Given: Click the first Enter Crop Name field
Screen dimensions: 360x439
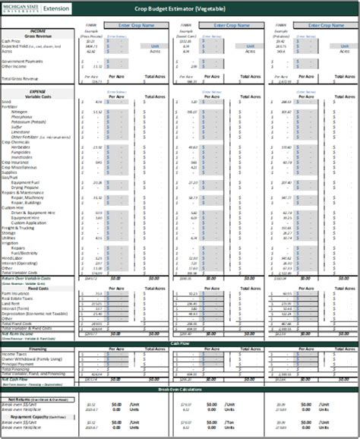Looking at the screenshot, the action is pos(134,25).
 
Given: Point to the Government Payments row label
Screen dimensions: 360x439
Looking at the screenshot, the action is pos(23,61).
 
